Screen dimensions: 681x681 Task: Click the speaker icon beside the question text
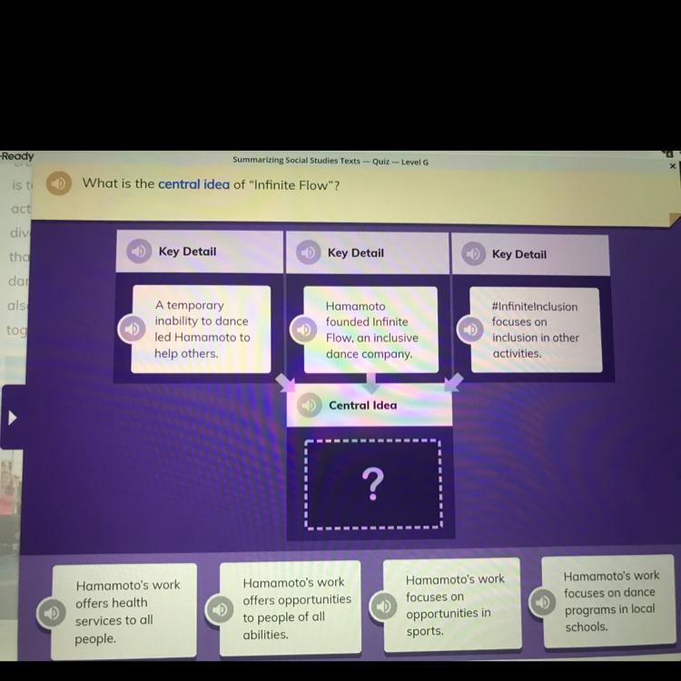[x=59, y=183]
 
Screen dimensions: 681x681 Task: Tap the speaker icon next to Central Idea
[x=309, y=406]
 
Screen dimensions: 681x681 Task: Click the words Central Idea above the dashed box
[x=362, y=406]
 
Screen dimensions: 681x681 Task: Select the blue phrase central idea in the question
[x=193, y=183]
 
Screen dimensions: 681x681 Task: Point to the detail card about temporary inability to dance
[x=201, y=329]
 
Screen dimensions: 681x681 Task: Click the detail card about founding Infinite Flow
[x=370, y=330]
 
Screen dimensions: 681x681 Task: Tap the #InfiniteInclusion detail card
[x=535, y=330]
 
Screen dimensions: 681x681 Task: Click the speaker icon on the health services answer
[x=52, y=613]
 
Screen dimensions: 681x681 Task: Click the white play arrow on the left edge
[x=13, y=419]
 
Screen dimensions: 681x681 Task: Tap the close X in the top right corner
[x=672, y=166]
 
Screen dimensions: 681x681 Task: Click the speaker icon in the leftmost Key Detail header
[x=138, y=251]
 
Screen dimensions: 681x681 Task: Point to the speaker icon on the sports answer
[x=384, y=605]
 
